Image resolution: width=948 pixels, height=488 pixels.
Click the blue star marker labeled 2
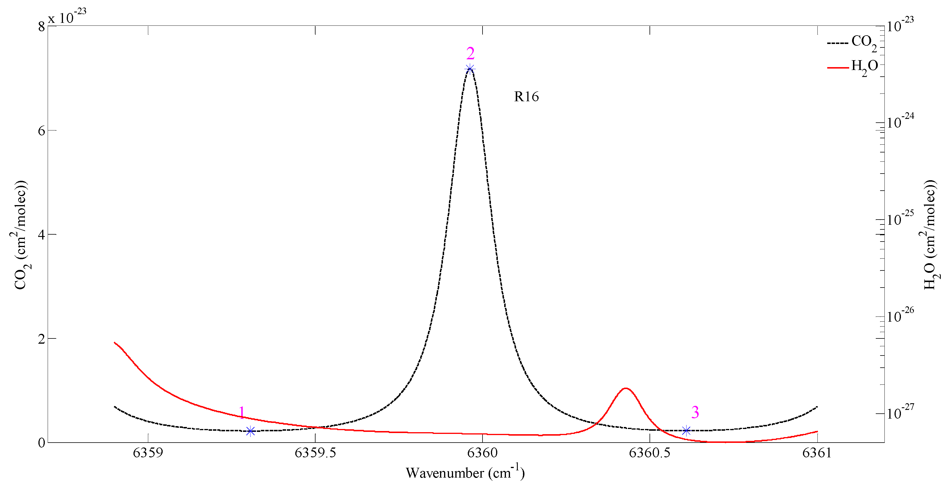pyautogui.click(x=470, y=69)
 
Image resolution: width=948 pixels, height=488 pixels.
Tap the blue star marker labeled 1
pyautogui.click(x=250, y=431)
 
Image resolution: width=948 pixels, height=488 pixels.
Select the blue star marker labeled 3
pyautogui.click(x=686, y=430)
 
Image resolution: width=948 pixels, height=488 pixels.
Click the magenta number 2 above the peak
pyautogui.click(x=470, y=54)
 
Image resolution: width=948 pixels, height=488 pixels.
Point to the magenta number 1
pyautogui.click(x=242, y=413)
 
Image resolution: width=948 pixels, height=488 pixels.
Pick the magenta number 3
pyautogui.click(x=695, y=412)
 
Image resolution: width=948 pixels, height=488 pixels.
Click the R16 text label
pyautogui.click(x=526, y=97)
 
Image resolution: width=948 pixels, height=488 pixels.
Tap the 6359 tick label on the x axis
pyautogui.click(x=148, y=453)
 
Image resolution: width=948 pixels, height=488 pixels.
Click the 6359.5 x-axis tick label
pyautogui.click(x=316, y=453)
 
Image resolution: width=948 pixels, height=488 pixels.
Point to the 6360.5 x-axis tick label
pyautogui.click(x=650, y=453)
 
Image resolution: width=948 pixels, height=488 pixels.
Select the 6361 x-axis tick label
pyautogui.click(x=817, y=453)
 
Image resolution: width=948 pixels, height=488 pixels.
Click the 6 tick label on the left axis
pyautogui.click(x=41, y=131)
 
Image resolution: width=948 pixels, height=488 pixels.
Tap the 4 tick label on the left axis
pyautogui.click(x=41, y=235)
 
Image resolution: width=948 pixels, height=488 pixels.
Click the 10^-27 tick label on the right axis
pyautogui.click(x=900, y=412)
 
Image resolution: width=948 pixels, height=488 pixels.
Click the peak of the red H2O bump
pyautogui.click(x=626, y=388)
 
